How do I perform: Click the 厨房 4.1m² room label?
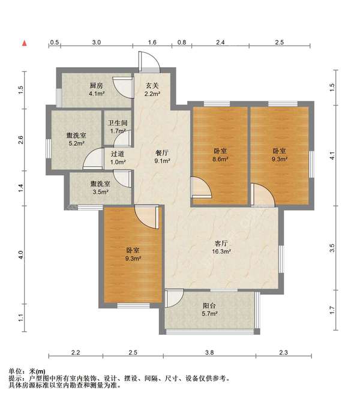(97, 89)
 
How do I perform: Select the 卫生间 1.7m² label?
(118, 127)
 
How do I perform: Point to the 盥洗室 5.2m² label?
(76, 140)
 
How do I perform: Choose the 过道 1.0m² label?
(118, 158)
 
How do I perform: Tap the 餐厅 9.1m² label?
(163, 157)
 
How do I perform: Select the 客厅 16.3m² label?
(222, 247)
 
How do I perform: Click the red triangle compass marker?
(25, 43)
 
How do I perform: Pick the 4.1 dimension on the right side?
(332, 154)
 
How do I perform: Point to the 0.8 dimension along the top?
(182, 43)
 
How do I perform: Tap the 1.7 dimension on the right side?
(332, 310)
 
